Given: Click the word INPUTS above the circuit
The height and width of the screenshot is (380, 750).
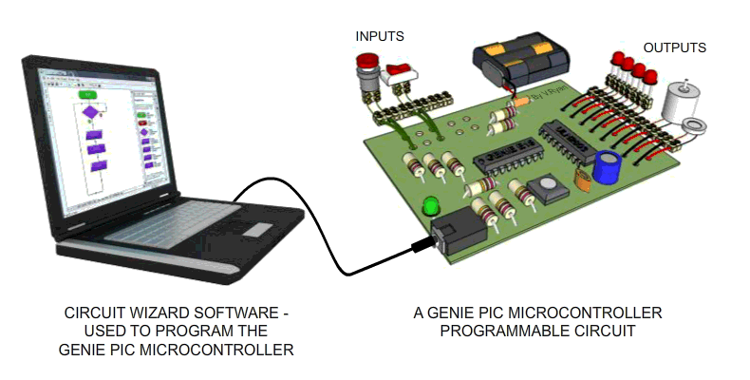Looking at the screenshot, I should pyautogui.click(x=380, y=37).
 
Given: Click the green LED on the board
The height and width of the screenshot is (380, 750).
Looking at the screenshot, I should pyautogui.click(x=431, y=204).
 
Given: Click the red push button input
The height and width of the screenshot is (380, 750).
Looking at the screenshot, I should pyautogui.click(x=366, y=70).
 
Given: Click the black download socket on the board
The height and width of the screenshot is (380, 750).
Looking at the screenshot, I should pyautogui.click(x=455, y=233).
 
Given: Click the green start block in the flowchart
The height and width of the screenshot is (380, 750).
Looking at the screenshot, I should pyautogui.click(x=88, y=95).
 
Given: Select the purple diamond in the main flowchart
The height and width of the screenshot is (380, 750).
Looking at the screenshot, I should pyautogui.click(x=90, y=113).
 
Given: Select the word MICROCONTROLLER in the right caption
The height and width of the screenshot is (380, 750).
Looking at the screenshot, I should pyautogui.click(x=590, y=313).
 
